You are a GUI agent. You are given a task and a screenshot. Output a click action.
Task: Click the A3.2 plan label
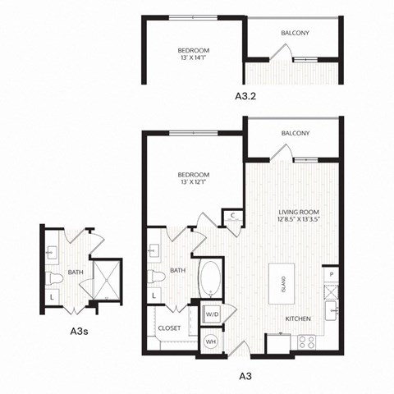(x=245, y=96)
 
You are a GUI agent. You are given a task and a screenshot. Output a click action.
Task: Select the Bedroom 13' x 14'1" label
(x=193, y=54)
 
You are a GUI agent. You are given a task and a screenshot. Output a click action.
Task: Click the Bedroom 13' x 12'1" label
(x=193, y=178)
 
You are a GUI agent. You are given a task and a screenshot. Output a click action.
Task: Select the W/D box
(x=210, y=313)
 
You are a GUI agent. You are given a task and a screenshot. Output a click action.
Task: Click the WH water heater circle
(x=210, y=342)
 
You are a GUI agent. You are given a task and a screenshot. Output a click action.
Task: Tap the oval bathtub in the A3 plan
(x=210, y=280)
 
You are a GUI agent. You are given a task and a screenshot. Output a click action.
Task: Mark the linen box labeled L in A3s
(x=52, y=295)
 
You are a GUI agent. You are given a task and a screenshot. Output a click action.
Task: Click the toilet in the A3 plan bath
(x=156, y=277)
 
